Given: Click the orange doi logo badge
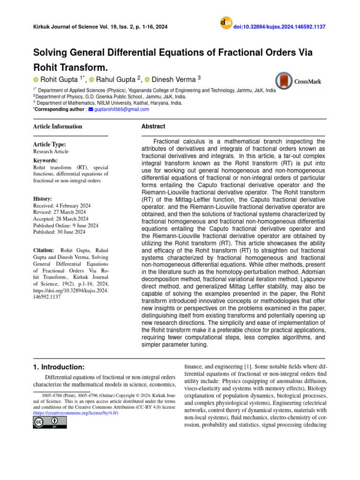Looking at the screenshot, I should tap(226, 23).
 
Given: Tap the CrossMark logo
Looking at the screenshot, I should tap(299, 81).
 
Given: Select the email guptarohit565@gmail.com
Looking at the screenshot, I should tap(121, 109).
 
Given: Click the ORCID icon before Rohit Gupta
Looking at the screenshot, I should tap(36, 80).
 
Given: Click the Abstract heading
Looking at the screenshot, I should tap(153, 127).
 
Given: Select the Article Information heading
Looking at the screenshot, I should tap(57, 127).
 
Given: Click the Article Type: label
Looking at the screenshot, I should tap(49, 145).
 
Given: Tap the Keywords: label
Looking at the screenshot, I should tap(45, 160).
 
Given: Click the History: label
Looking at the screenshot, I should tap(43, 199).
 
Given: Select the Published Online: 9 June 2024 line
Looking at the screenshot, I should tap(66, 225).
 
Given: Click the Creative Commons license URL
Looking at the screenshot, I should tap(75, 412).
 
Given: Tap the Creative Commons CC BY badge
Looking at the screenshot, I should tap(50, 422).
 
